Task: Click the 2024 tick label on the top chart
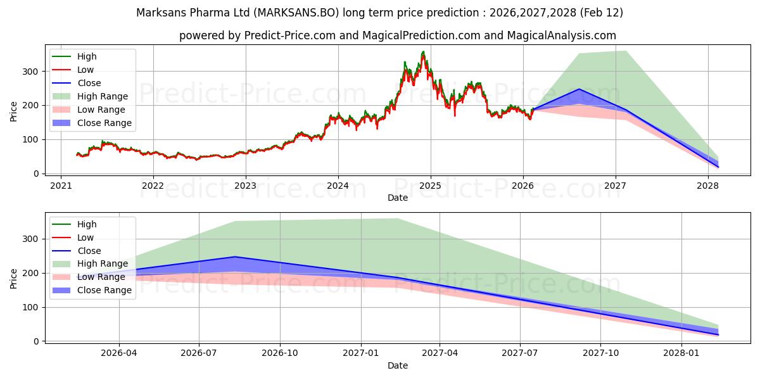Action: (338, 186)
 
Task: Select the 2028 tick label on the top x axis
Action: (707, 186)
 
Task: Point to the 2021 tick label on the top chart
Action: (61, 186)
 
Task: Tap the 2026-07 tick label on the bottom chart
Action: (199, 353)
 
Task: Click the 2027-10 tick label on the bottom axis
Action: (600, 353)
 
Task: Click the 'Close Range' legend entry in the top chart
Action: (104, 123)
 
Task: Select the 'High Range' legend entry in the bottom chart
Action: (103, 263)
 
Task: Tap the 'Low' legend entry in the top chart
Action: (85, 70)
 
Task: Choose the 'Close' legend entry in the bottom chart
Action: (89, 251)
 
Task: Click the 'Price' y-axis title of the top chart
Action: (14, 111)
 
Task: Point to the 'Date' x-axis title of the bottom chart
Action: (398, 365)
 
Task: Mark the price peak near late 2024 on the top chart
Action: (423, 52)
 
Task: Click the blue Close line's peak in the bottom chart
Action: (235, 256)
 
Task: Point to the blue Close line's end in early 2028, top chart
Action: (718, 167)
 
